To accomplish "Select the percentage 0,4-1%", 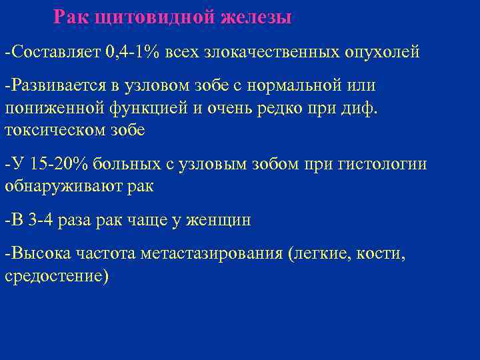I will (131, 51).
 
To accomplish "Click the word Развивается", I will (55, 86).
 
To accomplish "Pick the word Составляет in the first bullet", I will (55, 51).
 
